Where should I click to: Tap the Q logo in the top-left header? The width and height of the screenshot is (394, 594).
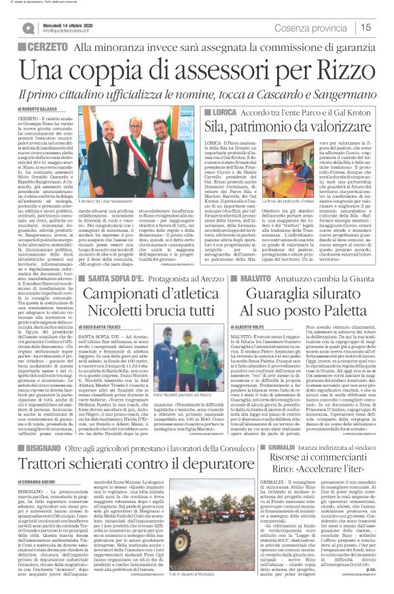(x=28, y=27)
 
